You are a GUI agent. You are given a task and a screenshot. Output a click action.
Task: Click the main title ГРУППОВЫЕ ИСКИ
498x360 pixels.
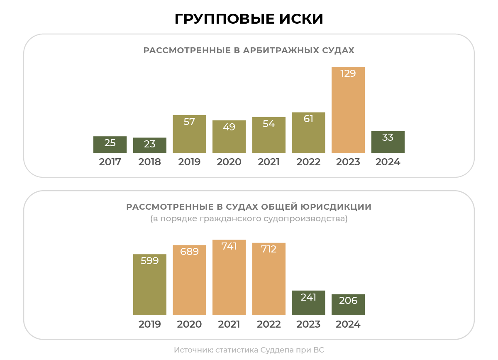[249, 19]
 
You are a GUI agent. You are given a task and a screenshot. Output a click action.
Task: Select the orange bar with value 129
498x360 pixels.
[348, 110]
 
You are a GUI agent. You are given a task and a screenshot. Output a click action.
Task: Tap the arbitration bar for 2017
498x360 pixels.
[110, 144]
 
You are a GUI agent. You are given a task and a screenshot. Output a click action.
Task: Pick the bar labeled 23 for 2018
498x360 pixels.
[150, 145]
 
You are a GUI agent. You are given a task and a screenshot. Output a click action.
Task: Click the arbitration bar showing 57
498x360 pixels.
[189, 134]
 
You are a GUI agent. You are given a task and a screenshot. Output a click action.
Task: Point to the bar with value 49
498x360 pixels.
[229, 137]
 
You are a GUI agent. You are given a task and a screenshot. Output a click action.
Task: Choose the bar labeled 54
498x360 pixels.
[269, 135]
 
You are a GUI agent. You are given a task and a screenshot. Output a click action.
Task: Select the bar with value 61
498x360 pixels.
[308, 133]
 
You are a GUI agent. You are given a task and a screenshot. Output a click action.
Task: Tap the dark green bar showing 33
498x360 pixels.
[388, 142]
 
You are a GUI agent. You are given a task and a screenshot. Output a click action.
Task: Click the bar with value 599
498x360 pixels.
[150, 284]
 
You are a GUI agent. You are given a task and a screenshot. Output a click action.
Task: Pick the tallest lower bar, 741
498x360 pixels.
[229, 277]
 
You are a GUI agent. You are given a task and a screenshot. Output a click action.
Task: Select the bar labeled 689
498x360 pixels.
[189, 280]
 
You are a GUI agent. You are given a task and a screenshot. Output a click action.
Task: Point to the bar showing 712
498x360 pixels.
[269, 279]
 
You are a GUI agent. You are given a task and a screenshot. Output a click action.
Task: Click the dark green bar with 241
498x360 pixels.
[308, 303]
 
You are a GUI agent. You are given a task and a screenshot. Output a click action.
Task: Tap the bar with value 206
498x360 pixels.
[348, 304]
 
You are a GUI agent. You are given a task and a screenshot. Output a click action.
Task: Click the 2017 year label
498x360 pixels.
[110, 162]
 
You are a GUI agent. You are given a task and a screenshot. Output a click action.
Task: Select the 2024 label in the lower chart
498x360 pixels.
[348, 324]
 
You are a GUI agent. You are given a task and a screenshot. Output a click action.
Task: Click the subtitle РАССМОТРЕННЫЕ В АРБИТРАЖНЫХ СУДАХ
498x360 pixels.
[249, 50]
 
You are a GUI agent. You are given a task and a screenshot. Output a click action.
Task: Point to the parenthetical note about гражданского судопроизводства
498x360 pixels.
[249, 218]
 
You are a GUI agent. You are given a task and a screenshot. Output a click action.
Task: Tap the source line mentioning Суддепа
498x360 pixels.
[249, 350]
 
